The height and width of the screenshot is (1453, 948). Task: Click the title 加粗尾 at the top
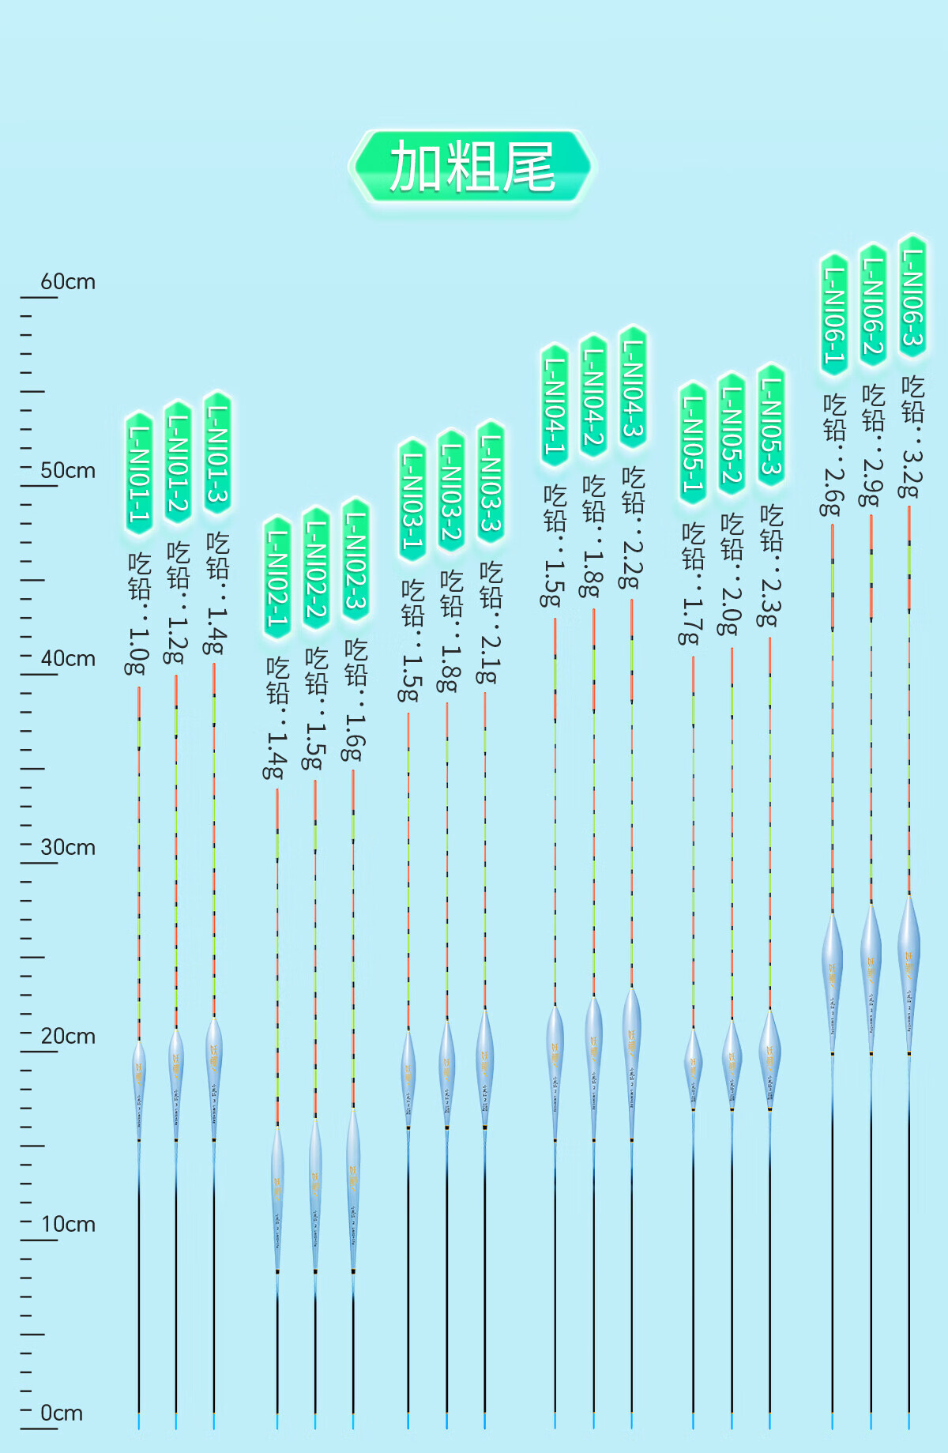472,167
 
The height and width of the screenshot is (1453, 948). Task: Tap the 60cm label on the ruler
68,282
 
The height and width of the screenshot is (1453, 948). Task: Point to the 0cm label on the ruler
62,1413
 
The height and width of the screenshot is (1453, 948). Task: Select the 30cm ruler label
68,848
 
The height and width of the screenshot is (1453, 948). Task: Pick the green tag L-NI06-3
912,296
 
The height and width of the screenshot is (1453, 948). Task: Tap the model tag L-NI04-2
593,396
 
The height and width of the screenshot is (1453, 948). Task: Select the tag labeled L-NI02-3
355,560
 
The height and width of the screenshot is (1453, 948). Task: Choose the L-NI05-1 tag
693,443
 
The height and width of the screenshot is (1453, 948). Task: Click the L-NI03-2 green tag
450,491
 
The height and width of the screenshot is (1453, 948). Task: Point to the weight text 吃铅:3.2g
912,437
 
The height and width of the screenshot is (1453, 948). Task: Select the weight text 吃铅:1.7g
692,584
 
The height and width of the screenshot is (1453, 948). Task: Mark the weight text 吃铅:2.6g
833,456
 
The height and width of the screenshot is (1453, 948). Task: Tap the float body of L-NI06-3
909,972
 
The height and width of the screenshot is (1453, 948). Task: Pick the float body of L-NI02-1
277,1197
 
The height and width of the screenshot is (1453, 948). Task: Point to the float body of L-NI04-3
631,1059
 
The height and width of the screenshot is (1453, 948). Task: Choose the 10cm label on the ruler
68,1225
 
